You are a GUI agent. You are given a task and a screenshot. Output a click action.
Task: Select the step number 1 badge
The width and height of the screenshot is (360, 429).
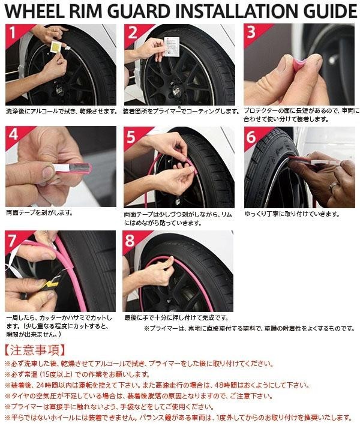13,32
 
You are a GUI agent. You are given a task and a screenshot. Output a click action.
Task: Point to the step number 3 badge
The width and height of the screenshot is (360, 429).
251,32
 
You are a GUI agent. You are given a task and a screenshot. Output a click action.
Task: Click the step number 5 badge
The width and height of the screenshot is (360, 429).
131,136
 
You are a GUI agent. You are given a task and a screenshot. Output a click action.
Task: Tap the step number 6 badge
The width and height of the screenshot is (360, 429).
251,136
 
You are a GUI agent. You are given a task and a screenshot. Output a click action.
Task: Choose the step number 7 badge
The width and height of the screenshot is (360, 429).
13,241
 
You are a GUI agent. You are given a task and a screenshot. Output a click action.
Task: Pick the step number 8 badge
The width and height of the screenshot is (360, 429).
130,241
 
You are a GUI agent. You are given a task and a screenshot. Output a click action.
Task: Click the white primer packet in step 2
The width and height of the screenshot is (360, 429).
172,46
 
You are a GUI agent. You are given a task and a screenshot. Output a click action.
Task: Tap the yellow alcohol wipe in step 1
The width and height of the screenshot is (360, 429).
56,46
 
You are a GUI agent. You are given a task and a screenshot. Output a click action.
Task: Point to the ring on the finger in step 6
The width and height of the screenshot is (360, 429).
334,187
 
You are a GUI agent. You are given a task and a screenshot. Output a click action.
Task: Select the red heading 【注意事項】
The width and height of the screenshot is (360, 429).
35,350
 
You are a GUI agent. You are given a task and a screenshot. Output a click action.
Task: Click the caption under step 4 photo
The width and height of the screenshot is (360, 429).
40,212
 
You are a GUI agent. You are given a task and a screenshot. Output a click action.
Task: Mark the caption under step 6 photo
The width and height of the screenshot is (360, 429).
292,214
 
